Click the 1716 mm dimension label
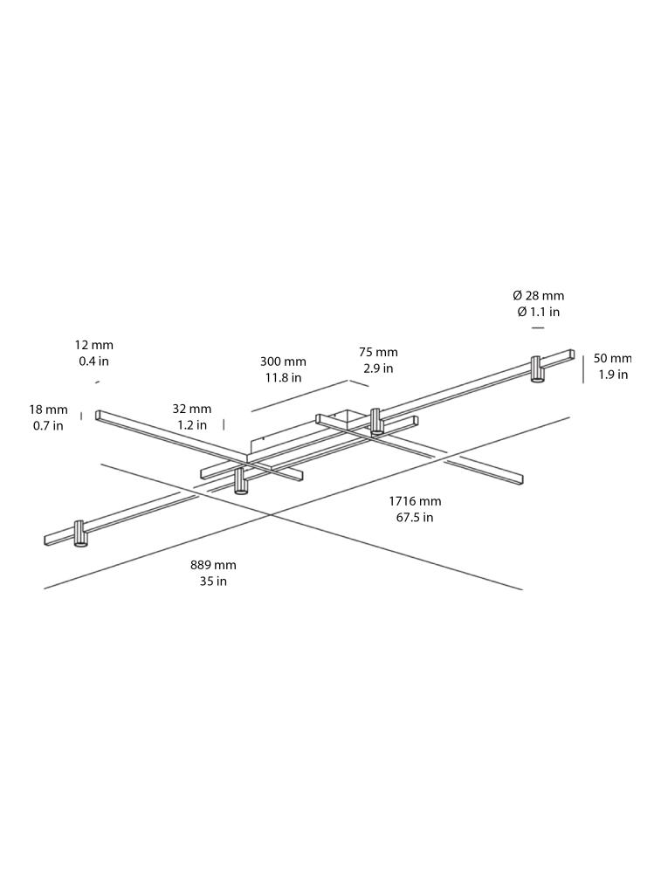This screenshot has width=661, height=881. [x=415, y=501]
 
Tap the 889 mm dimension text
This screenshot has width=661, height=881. [x=213, y=565]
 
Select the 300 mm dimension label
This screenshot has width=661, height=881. [x=283, y=361]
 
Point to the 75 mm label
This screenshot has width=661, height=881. [x=378, y=353]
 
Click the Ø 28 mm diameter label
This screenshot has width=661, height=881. [x=538, y=296]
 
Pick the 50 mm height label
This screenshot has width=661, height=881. [x=612, y=358]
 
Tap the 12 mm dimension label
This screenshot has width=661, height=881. [x=93, y=346]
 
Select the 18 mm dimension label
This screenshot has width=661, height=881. [x=48, y=410]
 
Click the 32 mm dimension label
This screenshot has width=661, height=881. [x=191, y=409]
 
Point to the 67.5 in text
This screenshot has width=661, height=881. [x=415, y=517]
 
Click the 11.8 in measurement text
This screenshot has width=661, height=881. [x=283, y=378]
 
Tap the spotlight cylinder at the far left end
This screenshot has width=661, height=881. [x=80, y=533]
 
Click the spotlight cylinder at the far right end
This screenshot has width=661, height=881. [x=537, y=369]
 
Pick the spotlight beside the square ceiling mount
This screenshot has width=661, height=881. [x=376, y=421]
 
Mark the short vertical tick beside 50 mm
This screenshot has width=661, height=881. [x=583, y=368]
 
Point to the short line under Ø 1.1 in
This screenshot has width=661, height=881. [x=538, y=328]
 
